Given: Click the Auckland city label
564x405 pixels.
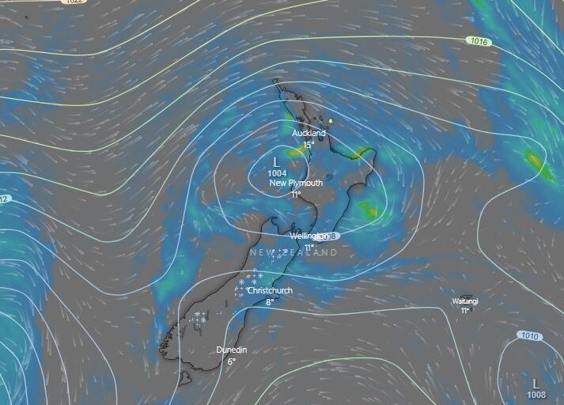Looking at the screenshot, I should (308, 133).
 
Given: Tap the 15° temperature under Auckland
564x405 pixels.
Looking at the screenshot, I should (308, 145).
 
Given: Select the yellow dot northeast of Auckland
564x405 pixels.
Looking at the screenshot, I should (331, 121).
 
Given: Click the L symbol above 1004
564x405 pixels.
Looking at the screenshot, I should (276, 161).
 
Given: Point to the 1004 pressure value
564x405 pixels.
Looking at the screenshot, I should (278, 172).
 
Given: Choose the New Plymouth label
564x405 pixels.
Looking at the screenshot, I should (296, 183).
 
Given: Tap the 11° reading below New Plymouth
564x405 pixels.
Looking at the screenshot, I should (296, 194).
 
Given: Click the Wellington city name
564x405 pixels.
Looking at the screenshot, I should (304, 237).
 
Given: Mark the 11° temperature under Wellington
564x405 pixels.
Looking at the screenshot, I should (309, 248).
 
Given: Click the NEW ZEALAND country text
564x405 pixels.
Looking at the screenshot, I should (293, 252).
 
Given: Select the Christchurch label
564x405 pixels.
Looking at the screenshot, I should (270, 290).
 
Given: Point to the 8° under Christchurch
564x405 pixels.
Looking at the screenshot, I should (270, 301).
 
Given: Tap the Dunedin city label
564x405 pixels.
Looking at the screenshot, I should (232, 350).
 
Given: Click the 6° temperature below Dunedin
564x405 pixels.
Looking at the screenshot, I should (232, 361).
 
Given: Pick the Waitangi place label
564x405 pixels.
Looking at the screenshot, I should (465, 301).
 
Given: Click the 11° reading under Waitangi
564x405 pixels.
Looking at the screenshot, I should (465, 311).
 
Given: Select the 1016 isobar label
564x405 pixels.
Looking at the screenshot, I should (479, 41).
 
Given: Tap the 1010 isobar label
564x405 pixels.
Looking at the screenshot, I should (530, 335).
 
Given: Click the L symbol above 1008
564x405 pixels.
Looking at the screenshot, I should (536, 383).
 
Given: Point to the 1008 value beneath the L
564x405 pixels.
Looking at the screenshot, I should (536, 395).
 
